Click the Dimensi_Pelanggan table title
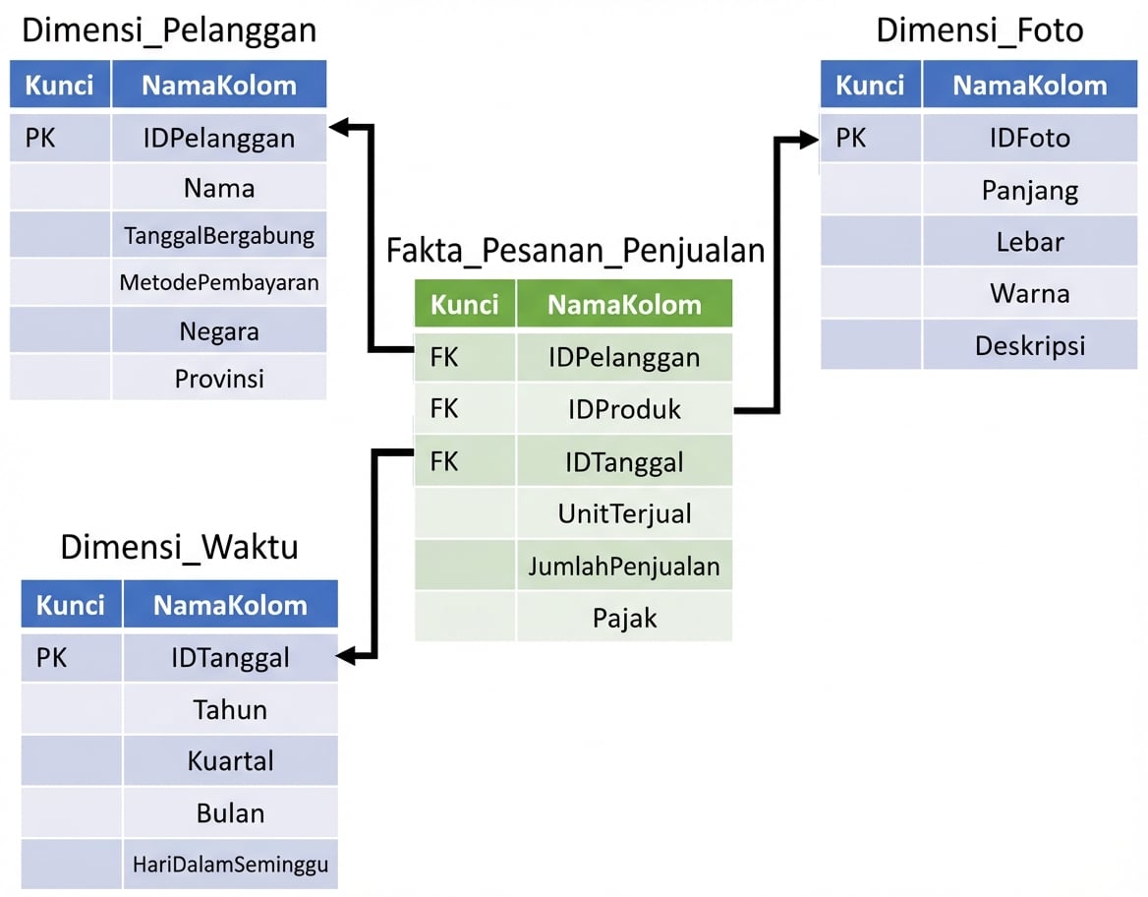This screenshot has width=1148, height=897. pos(169,30)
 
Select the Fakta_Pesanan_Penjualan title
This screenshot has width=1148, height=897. pos(575,250)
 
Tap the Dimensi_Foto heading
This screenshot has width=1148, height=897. pos(979,30)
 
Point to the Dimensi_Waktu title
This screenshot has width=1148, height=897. pos(179,547)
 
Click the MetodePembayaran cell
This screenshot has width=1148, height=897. pos(219,283)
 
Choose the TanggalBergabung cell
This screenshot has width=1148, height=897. pos(219,236)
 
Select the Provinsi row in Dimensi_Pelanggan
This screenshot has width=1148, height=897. pos(219,378)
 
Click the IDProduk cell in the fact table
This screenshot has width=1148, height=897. pos(624,409)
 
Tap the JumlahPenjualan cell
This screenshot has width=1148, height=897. pos(624,566)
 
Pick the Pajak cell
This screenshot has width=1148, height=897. pos(624,618)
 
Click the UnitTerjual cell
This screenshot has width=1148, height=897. pos(624,513)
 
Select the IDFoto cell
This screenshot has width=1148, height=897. pos(1029,138)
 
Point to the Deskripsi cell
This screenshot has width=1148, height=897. pos(1029,345)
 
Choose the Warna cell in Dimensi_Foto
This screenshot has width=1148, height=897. pos(1029,293)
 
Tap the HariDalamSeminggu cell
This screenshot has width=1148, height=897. pos(230,865)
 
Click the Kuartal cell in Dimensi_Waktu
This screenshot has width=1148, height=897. pos(230,761)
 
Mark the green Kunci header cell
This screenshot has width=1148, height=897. pos(464,304)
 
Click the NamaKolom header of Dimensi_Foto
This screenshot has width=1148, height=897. pos(1029,86)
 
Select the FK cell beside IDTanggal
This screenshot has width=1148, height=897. pos(444,461)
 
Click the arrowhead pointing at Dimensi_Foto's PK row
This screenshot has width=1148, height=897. pos(809,140)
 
